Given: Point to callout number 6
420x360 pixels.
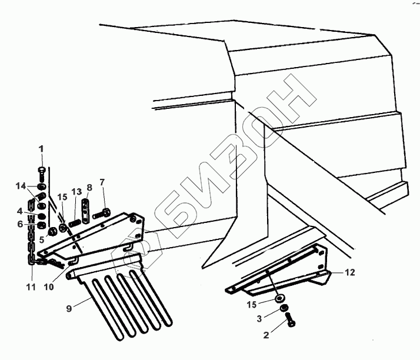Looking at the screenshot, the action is click(x=20, y=224).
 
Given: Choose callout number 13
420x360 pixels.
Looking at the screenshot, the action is click(x=76, y=192).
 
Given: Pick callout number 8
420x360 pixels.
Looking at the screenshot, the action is click(x=89, y=188).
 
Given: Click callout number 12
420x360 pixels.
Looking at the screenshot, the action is click(x=349, y=272).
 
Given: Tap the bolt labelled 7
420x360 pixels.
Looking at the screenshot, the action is click(x=101, y=211).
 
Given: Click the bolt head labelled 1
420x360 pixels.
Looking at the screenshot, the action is click(x=42, y=171).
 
